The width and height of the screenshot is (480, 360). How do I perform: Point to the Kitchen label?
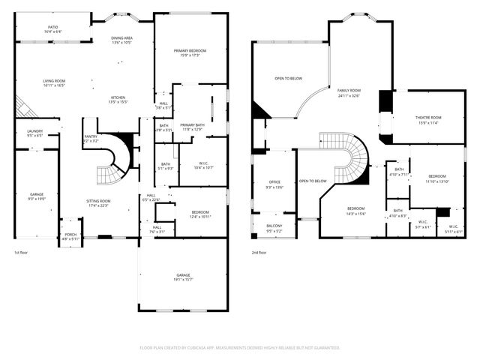click(118, 100)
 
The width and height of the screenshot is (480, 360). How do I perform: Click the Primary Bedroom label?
click(190, 52)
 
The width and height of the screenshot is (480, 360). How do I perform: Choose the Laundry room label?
click(34, 133)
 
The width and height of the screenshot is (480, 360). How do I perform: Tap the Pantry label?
click(91, 139)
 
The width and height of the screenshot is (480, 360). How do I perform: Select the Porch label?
click(70, 236)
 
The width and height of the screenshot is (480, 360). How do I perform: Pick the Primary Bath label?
click(192, 127)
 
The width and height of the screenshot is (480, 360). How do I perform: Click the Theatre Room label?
click(428, 119)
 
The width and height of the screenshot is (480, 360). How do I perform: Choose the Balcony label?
click(274, 229)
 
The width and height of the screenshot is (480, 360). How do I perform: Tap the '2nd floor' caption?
click(259, 253)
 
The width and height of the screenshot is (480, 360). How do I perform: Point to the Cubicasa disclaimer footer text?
click(240, 348)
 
